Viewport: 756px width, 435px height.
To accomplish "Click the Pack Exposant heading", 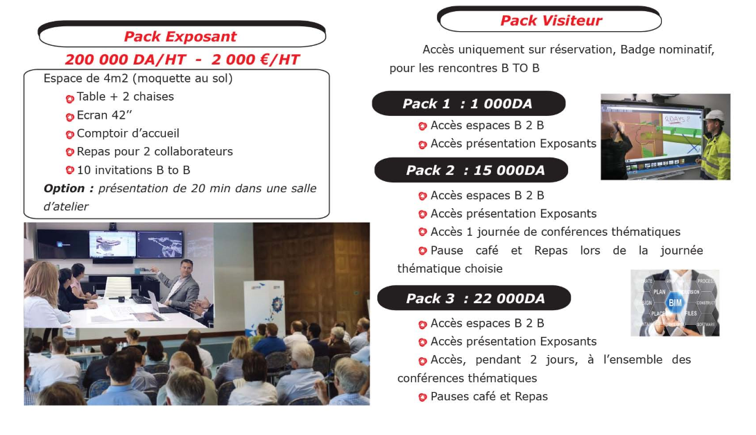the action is click(x=180, y=37).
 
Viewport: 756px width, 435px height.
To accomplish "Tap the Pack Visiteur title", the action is click(x=551, y=21).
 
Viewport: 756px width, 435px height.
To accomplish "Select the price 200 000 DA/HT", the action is click(x=126, y=60).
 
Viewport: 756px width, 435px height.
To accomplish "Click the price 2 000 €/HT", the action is click(x=255, y=60).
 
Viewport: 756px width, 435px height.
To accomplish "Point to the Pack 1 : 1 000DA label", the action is click(x=467, y=103).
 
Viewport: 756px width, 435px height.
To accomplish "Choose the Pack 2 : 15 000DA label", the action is click(x=475, y=170).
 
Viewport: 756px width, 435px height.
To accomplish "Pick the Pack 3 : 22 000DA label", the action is click(x=475, y=298).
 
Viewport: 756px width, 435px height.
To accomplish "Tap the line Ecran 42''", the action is click(x=104, y=115).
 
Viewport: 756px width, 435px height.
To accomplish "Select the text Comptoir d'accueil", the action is click(x=128, y=134).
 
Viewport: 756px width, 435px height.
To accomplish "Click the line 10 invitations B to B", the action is click(x=134, y=170).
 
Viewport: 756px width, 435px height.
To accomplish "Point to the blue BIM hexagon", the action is click(x=675, y=302).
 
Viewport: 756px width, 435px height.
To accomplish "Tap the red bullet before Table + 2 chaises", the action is click(x=70, y=99).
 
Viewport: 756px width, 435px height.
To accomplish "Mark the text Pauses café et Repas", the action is click(x=489, y=397).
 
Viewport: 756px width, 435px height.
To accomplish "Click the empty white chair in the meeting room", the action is click(x=118, y=289).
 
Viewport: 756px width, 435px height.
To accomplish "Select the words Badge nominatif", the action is click(x=667, y=50).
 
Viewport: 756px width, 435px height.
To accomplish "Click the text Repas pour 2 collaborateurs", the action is click(x=155, y=152).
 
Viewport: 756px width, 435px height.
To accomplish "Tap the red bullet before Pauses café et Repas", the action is click(x=423, y=398).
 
